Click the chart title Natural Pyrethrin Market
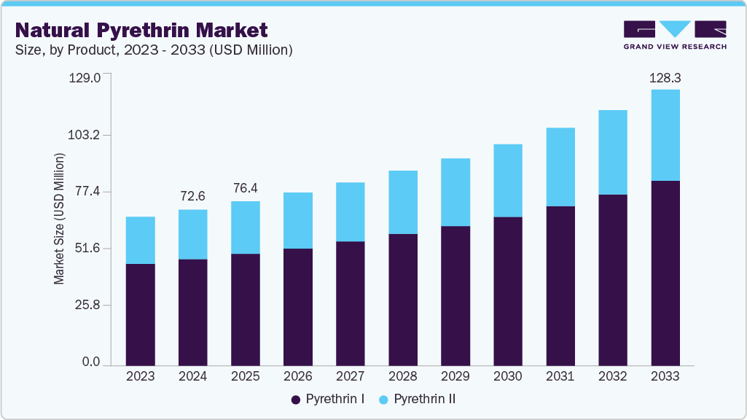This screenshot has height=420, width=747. coord(141,30)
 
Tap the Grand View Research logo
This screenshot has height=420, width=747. coord(675,35)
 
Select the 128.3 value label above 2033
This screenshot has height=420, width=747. coord(665,77)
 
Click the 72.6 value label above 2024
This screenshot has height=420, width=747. coord(192,197)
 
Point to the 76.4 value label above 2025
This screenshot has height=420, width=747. coord(245,189)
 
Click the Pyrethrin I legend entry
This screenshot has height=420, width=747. coord(328,400)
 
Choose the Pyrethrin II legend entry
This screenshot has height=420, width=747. coord(418,400)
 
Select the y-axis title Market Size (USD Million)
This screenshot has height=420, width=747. coord(59,219)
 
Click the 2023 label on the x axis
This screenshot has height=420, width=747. coord(140,377)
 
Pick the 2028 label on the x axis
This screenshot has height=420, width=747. coord(402,377)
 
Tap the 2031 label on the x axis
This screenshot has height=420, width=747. coord(560,377)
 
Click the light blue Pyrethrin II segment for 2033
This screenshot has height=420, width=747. coord(665,135)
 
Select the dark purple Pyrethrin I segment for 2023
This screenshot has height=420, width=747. coord(140,314)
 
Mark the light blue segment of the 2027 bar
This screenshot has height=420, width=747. coord(350,211)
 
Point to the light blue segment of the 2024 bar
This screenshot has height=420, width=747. coord(192,234)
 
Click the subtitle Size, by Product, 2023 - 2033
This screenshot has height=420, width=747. coord(154,50)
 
